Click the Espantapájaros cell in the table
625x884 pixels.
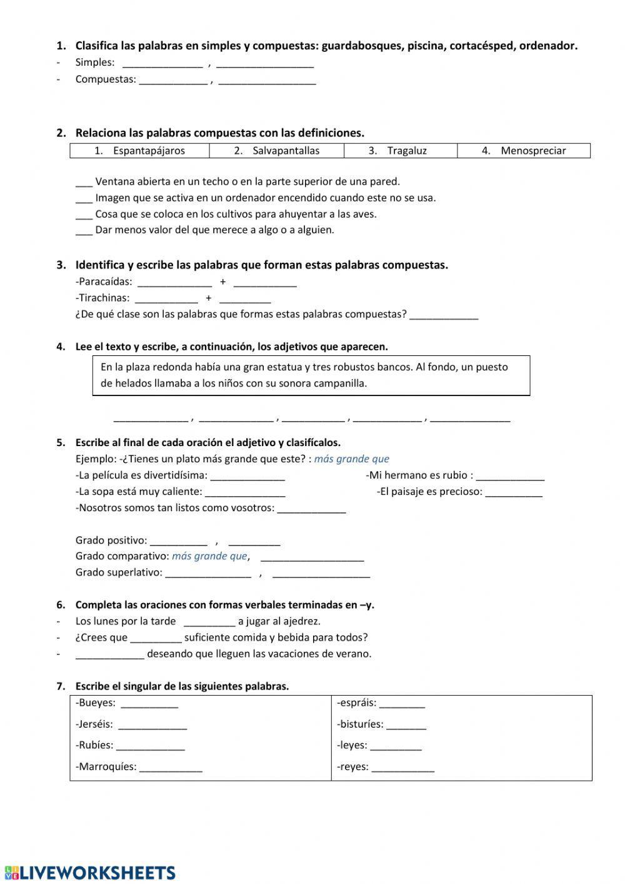point(139,151)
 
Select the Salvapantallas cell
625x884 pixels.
point(276,151)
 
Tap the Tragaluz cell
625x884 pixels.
point(400,151)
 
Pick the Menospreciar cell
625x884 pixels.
point(524,151)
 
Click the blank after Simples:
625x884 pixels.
point(162,63)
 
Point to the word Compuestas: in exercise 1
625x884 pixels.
point(106,79)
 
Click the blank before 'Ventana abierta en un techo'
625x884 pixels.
point(84,183)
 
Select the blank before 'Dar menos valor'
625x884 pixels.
point(84,231)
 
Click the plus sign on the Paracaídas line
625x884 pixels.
point(222,282)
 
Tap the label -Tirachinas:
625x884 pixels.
point(102,298)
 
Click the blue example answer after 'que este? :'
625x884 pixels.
point(351,459)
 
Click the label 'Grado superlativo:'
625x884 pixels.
point(119,572)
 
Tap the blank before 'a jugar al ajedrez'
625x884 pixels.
point(209,622)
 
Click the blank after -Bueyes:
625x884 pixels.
point(149,704)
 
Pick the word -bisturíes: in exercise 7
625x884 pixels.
point(360,724)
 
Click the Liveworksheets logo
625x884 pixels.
point(90,873)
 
